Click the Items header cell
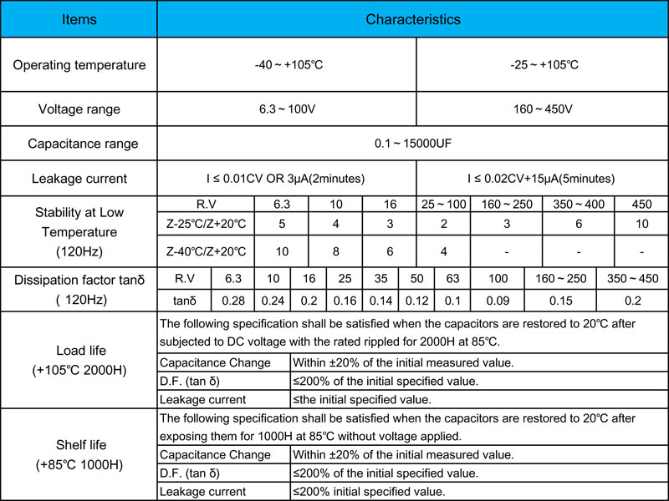pyautogui.click(x=79, y=19)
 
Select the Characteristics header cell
pyautogui.click(x=412, y=19)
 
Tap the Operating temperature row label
pyautogui.click(x=79, y=65)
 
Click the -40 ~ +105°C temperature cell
pyautogui.click(x=287, y=65)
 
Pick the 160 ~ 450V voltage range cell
pyautogui.click(x=541, y=109)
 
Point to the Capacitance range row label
pyautogui.click(x=79, y=144)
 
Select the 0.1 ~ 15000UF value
pyautogui.click(x=412, y=144)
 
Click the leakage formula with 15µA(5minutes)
pyautogui.click(x=541, y=179)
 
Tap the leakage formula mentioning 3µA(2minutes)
pyautogui.click(x=287, y=179)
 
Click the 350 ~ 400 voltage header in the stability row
pyautogui.click(x=578, y=205)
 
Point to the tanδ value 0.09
pyautogui.click(x=498, y=300)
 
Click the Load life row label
pyautogui.click(x=79, y=359)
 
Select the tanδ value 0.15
pyautogui.click(x=560, y=300)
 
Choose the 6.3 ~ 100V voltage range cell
pyautogui.click(x=287, y=109)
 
